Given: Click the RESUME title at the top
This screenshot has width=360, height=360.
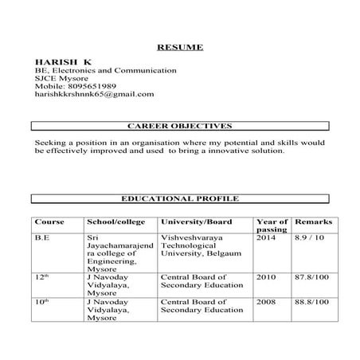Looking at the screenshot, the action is pos(179,46).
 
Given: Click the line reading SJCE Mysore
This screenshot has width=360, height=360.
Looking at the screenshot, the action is pos(60,78).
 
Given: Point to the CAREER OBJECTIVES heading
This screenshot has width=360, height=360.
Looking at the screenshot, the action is pos(179,126).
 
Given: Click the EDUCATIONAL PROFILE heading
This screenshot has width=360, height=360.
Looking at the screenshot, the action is pos(179,198).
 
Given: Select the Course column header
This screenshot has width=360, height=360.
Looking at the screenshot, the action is pos(49,221).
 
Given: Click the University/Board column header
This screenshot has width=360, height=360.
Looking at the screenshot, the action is pos(196,221).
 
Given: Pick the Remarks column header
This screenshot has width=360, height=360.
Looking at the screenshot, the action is pos(313,221).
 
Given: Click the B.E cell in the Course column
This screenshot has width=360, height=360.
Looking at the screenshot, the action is pos(42,237).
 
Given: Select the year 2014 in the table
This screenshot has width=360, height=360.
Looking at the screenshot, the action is pos(267,237).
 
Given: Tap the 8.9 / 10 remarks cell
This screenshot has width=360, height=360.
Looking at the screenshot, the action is pos(311,237).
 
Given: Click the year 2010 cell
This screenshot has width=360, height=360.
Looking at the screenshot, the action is pos(267,278).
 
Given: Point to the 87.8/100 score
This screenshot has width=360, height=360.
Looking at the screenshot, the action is pos(312,278).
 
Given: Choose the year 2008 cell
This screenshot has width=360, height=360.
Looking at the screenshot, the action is pos(267,302).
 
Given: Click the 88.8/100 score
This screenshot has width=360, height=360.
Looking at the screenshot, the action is pos(312,302).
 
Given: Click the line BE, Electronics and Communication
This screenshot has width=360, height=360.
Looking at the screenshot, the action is pos(105,70).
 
